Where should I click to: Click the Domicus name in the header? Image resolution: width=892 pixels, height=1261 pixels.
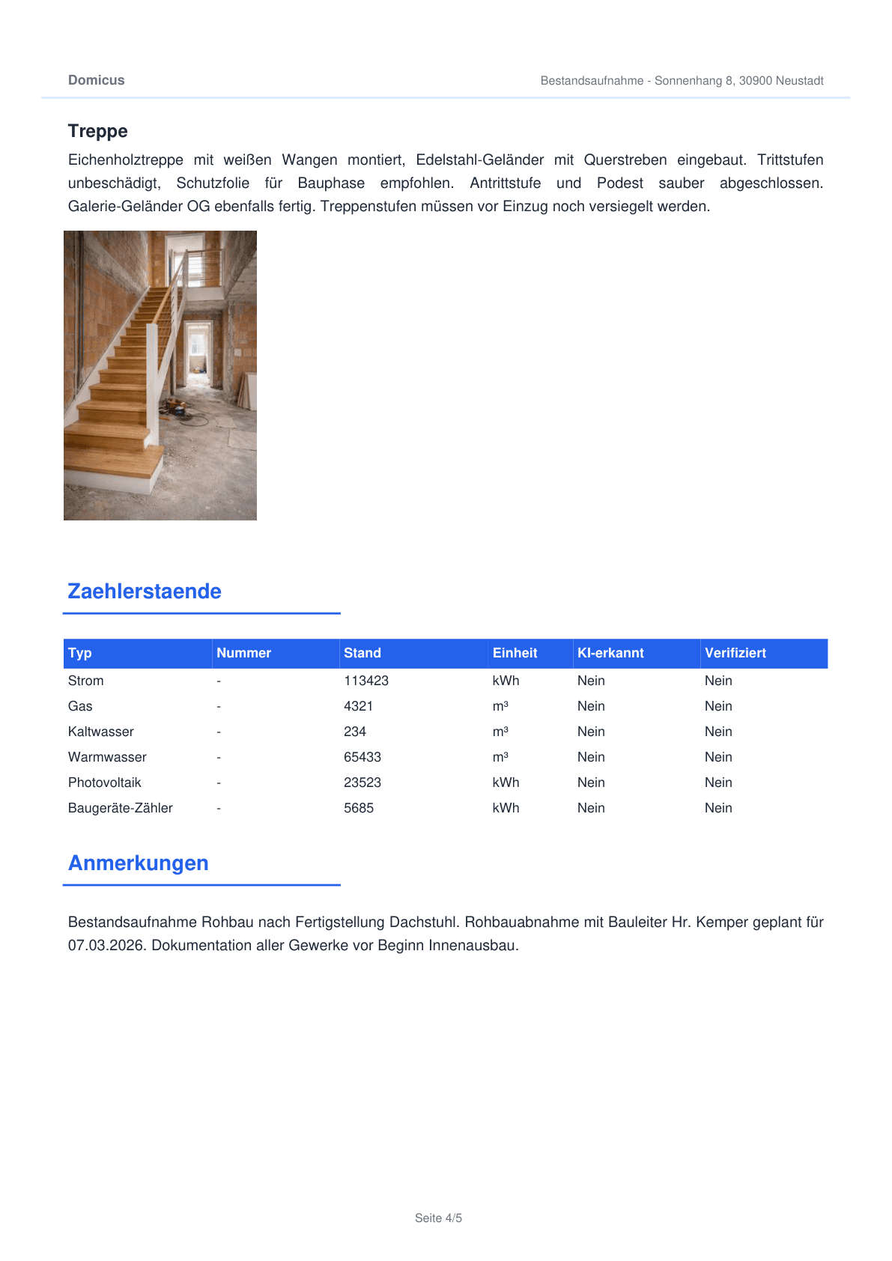96,80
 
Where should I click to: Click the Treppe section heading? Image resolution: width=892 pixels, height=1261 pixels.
97,131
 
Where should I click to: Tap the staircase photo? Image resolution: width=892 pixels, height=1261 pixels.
160,375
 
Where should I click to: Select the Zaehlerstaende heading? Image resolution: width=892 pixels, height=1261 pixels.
145,592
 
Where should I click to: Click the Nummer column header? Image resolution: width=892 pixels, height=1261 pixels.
243,653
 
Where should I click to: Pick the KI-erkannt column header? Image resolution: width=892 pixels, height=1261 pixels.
610,653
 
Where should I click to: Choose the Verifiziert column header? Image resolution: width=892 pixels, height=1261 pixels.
735,653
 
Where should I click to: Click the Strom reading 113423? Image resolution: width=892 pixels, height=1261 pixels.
366,681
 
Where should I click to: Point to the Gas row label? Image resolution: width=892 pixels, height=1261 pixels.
80,706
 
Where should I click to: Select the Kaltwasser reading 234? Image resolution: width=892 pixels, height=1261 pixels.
355,732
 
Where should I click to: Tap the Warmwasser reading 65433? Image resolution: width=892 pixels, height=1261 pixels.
362,757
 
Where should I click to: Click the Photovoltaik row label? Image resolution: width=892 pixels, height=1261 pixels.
104,783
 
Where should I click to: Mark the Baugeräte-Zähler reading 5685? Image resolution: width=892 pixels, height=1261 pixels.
359,808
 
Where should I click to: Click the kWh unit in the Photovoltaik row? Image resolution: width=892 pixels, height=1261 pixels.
506,783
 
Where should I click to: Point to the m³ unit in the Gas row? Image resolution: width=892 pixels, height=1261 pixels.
500,706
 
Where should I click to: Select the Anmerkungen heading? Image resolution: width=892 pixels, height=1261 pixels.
139,863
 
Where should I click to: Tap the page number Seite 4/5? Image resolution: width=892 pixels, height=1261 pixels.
438,1218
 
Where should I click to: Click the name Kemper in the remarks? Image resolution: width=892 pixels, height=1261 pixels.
721,922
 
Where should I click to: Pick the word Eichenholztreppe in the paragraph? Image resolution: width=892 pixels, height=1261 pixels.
126,159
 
